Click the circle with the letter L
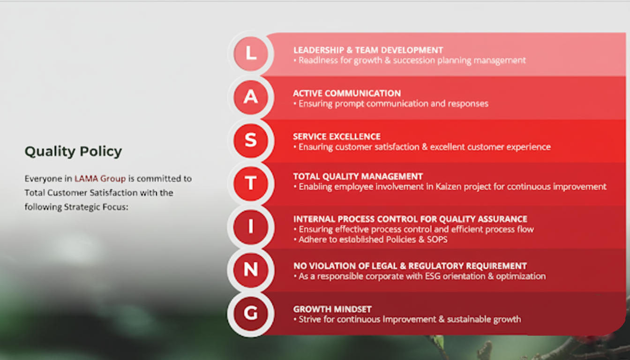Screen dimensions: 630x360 [x=251, y=53]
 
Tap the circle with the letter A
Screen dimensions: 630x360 [x=251, y=97]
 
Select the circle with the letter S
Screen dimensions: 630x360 [x=251, y=140]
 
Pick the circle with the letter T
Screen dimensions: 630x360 [x=251, y=183]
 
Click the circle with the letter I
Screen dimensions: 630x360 [x=251, y=227]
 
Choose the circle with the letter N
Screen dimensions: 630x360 [x=251, y=270]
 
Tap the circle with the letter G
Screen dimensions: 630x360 [x=251, y=313]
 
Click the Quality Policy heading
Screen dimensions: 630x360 [x=73, y=152]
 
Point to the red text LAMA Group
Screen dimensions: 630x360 [x=100, y=179]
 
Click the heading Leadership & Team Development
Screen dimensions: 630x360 [x=368, y=50]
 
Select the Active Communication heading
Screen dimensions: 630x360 [x=347, y=93]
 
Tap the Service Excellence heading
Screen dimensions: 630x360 [x=337, y=137]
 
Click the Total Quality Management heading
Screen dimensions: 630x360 [x=358, y=177]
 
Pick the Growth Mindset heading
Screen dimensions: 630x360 [x=332, y=309]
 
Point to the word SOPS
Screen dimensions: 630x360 [x=437, y=240]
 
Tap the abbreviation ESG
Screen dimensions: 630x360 [x=433, y=277]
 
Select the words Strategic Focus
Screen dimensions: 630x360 [x=96, y=207]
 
